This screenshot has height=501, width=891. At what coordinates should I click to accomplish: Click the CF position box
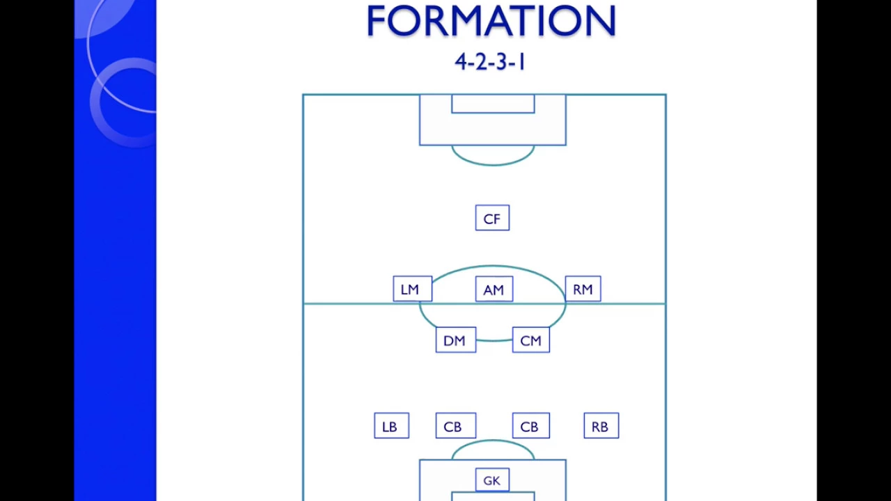[492, 218]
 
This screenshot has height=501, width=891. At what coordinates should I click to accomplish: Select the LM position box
[413, 289]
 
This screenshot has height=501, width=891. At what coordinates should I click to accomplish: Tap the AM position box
[494, 289]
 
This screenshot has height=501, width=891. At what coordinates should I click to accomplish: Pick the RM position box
[583, 289]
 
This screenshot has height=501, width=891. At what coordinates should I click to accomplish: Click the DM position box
[456, 340]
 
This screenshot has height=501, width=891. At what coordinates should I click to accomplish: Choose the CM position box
[531, 340]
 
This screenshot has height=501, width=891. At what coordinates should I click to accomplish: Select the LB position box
[391, 425]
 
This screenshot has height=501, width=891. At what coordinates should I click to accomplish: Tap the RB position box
[601, 425]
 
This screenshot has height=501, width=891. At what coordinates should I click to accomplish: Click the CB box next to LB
[456, 425]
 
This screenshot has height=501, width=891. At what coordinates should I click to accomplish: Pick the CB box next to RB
[531, 425]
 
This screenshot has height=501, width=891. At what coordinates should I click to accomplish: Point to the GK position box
[492, 480]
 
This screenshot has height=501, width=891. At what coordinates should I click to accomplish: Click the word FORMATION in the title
[491, 21]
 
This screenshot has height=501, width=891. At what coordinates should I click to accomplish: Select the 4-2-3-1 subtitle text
[490, 63]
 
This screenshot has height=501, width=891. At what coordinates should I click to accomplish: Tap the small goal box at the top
[493, 113]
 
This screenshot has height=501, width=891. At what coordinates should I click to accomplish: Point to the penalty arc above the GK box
[493, 440]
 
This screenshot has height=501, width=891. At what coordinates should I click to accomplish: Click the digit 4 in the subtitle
[461, 63]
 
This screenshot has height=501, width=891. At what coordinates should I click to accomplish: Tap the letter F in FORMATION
[375, 21]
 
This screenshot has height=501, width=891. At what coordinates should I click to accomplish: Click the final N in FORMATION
[603, 21]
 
